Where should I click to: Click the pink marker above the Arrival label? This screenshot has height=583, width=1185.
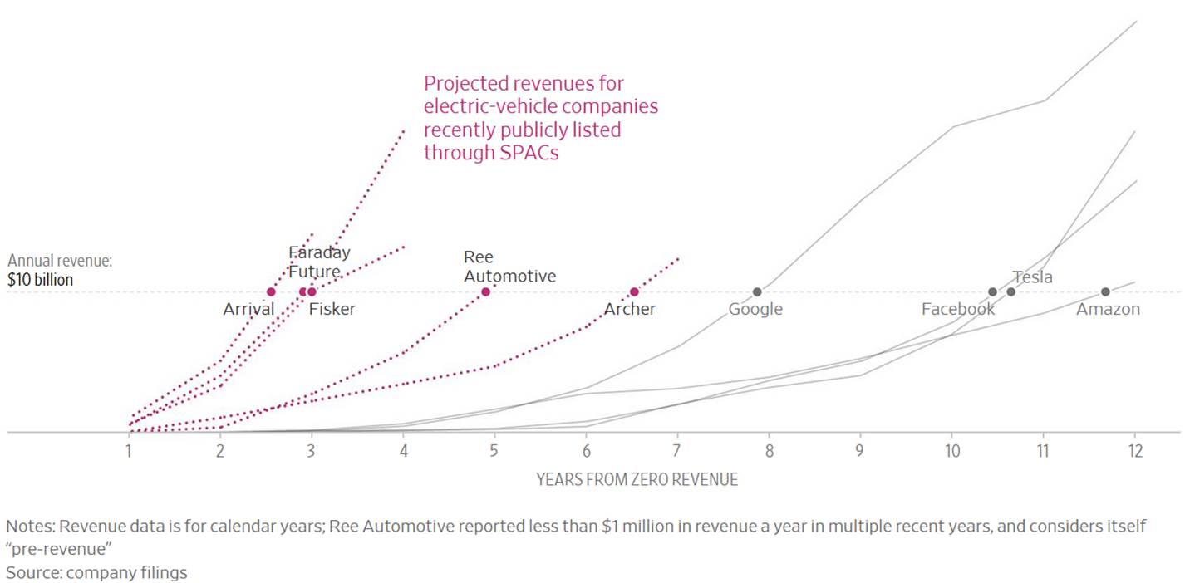[x=271, y=291]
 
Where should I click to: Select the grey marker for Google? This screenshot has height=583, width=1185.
[x=757, y=291]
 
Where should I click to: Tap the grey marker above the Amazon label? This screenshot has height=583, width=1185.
[x=1105, y=291]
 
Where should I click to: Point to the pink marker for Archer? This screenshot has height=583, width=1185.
[x=634, y=291]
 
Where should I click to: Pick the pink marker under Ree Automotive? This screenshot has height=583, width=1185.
[x=485, y=291]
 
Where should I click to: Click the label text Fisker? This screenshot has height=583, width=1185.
[x=332, y=310]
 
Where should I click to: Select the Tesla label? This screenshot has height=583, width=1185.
[x=1032, y=277]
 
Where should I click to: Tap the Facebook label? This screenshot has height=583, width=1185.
[x=957, y=310]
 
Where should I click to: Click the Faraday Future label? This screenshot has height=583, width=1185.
[x=318, y=262]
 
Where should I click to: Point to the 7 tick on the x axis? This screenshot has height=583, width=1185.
[x=676, y=451]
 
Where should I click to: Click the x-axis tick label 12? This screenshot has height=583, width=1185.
[x=1133, y=451]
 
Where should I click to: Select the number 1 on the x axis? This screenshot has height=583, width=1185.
[x=129, y=451]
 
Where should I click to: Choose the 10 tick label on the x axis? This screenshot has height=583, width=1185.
[x=951, y=451]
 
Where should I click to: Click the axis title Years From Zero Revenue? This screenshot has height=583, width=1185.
[x=637, y=479]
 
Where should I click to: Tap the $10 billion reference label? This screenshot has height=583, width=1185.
[x=40, y=281]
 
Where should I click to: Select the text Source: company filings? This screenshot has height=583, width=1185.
[x=96, y=572]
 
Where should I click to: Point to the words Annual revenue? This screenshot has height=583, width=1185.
[x=60, y=261]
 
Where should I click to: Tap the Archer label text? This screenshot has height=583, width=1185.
[x=629, y=310]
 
